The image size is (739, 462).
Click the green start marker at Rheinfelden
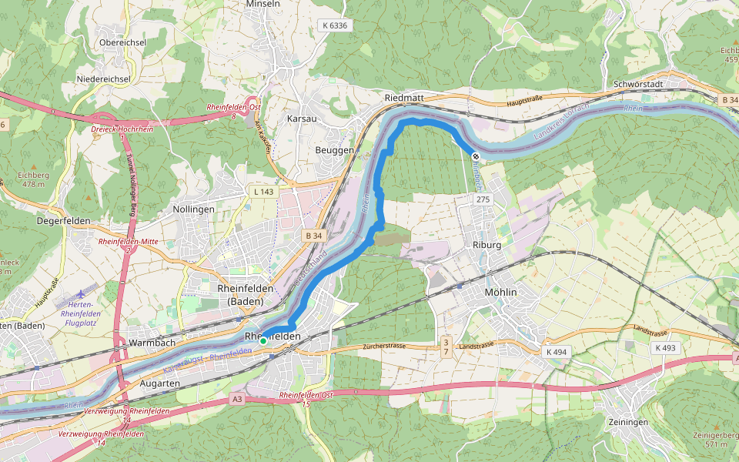(x=263, y=340)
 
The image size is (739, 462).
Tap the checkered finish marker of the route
(x=476, y=157)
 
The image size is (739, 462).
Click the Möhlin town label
(x=501, y=293)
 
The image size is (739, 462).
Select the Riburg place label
(x=488, y=245)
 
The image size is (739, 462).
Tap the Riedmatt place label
(x=404, y=99)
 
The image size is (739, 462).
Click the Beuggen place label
(x=335, y=149)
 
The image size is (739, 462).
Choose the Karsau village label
(x=301, y=119)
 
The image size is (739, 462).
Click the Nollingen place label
(x=194, y=209)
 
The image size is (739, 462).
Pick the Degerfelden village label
(x=63, y=221)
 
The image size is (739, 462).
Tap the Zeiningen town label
(x=627, y=423)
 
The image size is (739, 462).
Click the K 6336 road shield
(x=335, y=25)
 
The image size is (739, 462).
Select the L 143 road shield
(x=263, y=190)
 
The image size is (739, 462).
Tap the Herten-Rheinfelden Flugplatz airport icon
(x=82, y=295)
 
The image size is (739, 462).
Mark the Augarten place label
(x=160, y=383)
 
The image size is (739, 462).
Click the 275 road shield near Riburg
(x=483, y=199)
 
